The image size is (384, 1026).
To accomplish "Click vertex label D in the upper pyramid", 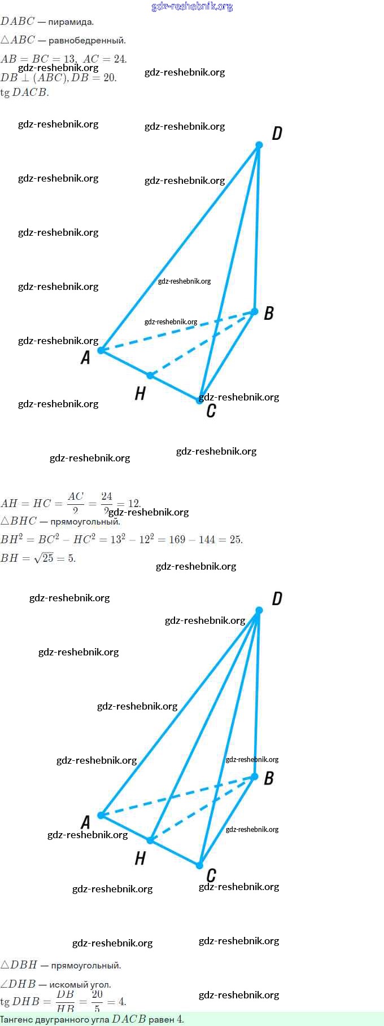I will point(277,134).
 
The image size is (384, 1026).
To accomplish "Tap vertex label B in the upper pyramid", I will point(269,313).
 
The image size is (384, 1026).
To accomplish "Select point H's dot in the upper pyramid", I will point(150,375).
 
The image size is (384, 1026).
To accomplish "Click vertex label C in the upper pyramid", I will point(211,410).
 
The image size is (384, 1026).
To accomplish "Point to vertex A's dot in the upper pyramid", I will point(101,350).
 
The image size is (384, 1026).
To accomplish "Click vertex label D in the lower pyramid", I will point(277,598).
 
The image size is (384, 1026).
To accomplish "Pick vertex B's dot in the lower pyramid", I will point(255,777).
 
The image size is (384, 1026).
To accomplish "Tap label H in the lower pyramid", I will point(140,858).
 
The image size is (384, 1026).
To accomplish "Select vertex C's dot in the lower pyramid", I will point(199,865).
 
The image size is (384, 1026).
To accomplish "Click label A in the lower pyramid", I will point(85,822).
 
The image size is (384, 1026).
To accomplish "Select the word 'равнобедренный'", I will point(87,41).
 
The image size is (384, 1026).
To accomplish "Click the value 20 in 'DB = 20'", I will point(110,77).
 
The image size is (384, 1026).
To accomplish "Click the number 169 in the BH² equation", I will point(177,539).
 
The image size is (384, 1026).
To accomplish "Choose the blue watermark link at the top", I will point(192,7).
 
